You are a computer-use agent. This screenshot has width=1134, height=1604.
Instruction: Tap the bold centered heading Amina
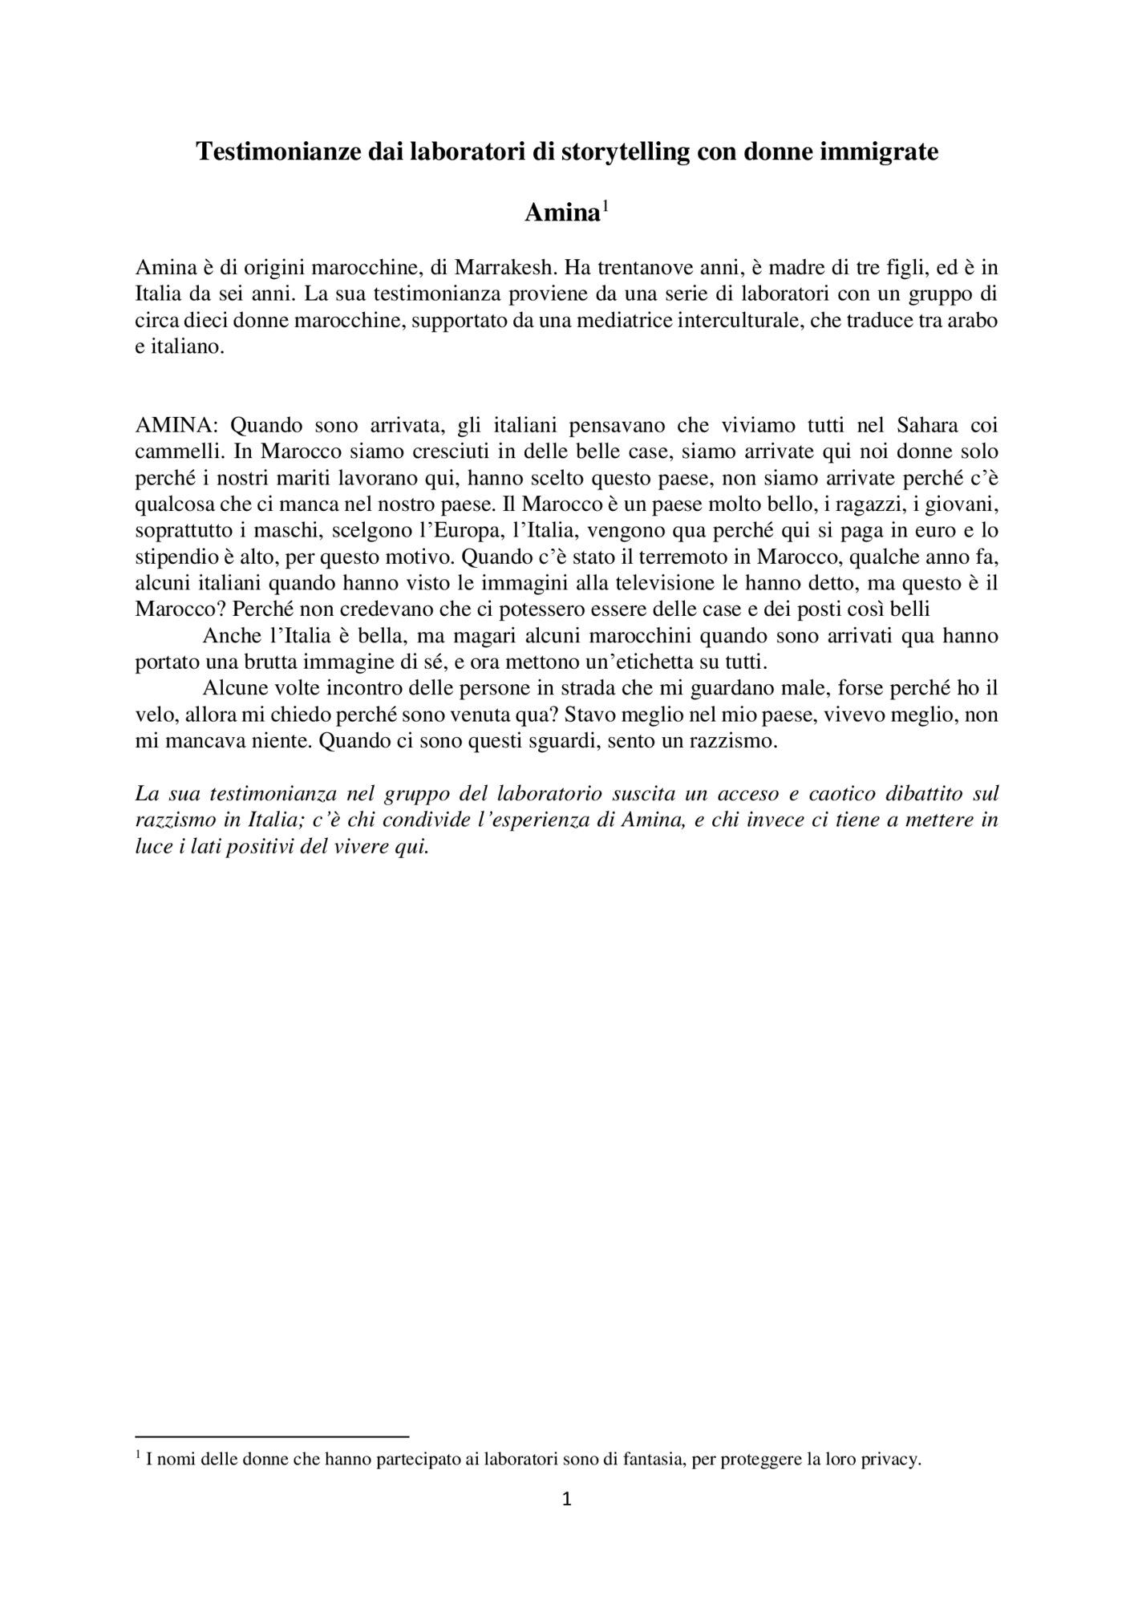[561, 213]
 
